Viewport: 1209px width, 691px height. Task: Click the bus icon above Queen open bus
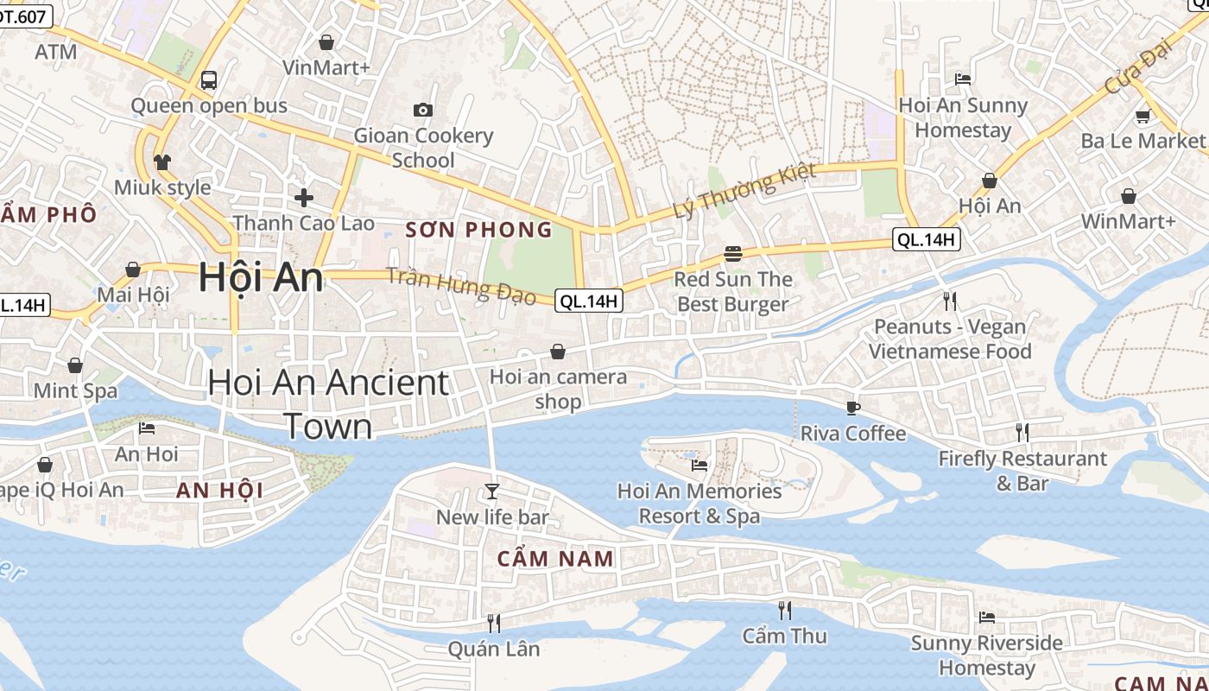pos(208,80)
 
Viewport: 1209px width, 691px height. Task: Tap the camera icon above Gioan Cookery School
pos(422,110)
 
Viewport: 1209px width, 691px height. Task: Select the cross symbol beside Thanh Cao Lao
pos(303,198)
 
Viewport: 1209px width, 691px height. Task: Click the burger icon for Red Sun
pos(733,254)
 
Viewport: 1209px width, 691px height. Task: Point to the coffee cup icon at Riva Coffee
pos(853,408)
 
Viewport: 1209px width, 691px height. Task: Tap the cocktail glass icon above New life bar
pos(492,491)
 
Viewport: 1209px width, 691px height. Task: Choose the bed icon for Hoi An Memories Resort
pos(699,465)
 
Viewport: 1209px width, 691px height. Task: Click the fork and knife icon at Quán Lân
pos(494,623)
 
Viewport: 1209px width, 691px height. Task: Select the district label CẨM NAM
pos(555,559)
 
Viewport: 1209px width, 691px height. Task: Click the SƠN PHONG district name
pos(478,230)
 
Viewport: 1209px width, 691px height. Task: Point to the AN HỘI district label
pos(219,491)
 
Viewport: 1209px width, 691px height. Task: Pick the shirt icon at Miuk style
pos(162,162)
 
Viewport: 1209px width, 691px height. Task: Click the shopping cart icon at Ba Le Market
pos(1143,116)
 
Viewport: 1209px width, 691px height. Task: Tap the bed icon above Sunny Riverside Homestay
pos(987,617)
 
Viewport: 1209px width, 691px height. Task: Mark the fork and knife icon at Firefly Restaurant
pos(1022,432)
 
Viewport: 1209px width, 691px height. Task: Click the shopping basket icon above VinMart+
pos(326,41)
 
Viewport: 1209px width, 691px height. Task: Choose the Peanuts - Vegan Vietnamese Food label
pos(950,339)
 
